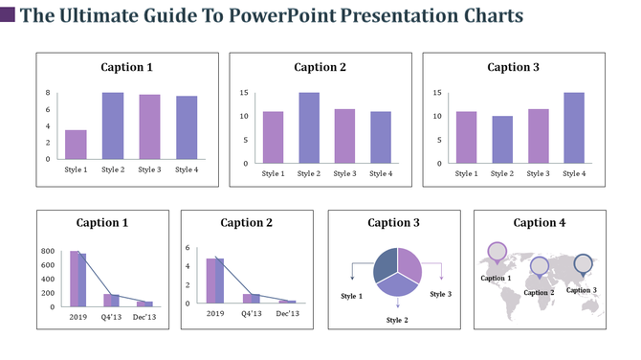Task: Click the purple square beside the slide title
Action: click(8, 14)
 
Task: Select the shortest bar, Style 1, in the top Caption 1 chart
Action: click(76, 144)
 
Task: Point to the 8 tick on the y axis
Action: click(48, 93)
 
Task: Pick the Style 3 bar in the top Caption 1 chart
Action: click(149, 126)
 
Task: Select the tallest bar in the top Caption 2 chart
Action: click(309, 127)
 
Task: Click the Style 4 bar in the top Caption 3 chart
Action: click(574, 127)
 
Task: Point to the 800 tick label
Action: click(47, 252)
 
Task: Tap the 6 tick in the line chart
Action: click(188, 247)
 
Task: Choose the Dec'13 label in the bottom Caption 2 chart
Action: click(287, 313)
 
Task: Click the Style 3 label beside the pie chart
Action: click(440, 294)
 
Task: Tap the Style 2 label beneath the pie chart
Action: click(397, 319)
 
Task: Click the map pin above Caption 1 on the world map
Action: click(497, 253)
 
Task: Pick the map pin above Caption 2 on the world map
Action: click(540, 266)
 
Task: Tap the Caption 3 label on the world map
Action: click(582, 290)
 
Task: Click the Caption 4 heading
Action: click(540, 223)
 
